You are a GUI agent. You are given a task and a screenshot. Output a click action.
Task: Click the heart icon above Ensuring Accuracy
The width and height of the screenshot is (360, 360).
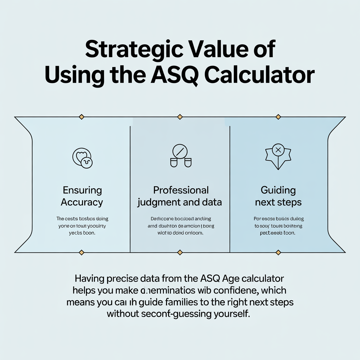(82, 157)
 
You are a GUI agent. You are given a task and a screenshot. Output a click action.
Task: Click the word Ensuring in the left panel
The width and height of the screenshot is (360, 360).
(82, 191)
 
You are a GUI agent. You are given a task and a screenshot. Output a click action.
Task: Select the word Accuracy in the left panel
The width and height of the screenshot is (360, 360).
(82, 202)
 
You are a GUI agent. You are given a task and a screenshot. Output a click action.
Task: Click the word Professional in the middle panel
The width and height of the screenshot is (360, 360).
(181, 190)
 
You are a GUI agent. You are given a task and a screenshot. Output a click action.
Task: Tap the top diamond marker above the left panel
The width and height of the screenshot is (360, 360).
(82, 116)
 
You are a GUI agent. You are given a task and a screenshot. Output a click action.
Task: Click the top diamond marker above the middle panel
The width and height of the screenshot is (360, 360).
(180, 116)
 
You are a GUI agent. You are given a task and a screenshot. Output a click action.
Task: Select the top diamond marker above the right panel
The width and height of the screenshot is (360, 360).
(278, 116)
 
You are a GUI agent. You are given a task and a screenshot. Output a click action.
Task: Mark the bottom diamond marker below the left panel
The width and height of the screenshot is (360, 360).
(82, 252)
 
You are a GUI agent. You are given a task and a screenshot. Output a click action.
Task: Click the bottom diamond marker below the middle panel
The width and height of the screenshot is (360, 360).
(180, 252)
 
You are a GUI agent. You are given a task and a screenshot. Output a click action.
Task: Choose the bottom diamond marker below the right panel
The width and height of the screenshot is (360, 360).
(278, 252)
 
